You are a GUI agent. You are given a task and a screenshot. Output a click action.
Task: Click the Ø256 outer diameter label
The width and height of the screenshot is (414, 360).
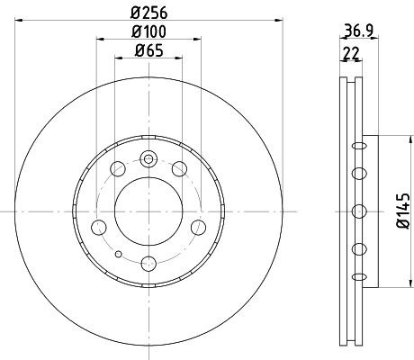(148, 12)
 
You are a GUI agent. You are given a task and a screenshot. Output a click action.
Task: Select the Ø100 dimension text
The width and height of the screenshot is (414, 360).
(148, 32)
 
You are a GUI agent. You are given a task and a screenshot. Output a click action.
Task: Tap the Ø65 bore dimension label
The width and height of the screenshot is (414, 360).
(148, 50)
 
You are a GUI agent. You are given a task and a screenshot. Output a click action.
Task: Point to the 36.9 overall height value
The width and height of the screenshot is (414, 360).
(358, 27)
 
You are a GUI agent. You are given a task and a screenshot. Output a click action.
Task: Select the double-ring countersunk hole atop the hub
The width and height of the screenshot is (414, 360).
(148, 159)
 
